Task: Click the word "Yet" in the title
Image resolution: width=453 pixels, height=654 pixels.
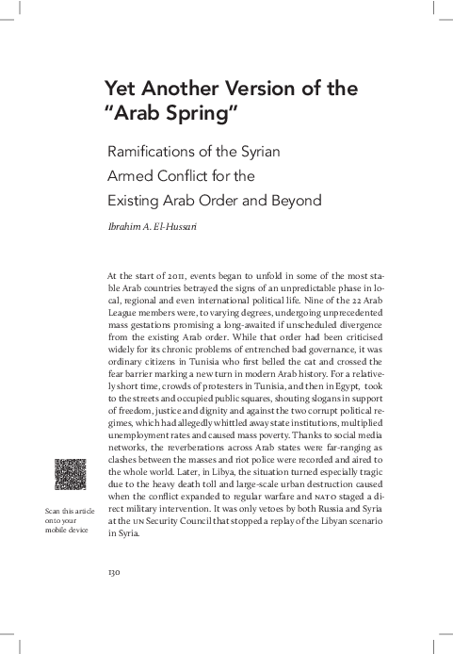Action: point(122,89)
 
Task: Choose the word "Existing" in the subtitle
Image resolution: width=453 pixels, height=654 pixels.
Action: point(140,200)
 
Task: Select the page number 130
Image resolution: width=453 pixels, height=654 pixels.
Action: point(117,571)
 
